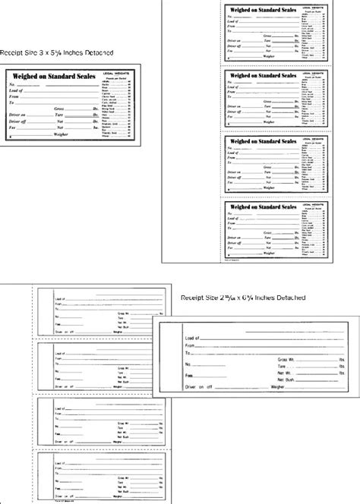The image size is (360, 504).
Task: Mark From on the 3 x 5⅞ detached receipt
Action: [15, 96]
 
